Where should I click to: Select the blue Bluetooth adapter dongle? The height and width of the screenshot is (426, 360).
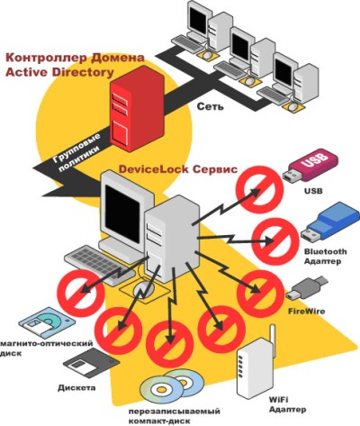[x=329, y=222]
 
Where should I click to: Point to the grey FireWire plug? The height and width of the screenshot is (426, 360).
[x=307, y=288]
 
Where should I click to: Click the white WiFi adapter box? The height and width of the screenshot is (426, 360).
[x=255, y=366]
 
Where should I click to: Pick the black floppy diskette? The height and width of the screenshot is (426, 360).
[x=92, y=363]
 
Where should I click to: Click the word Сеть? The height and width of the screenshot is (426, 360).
[x=211, y=106]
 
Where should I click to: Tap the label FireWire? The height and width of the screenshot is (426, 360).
[x=307, y=311]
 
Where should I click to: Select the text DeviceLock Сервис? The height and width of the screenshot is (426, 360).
[x=178, y=169]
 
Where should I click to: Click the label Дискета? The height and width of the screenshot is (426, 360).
[x=76, y=387]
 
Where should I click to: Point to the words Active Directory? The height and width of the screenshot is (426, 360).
[x=59, y=72]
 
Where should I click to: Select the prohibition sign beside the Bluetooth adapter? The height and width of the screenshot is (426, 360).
[x=275, y=241]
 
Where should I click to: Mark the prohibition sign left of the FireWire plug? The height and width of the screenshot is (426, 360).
[x=260, y=294]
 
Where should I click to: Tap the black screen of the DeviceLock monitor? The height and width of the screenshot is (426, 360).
[x=122, y=211]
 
